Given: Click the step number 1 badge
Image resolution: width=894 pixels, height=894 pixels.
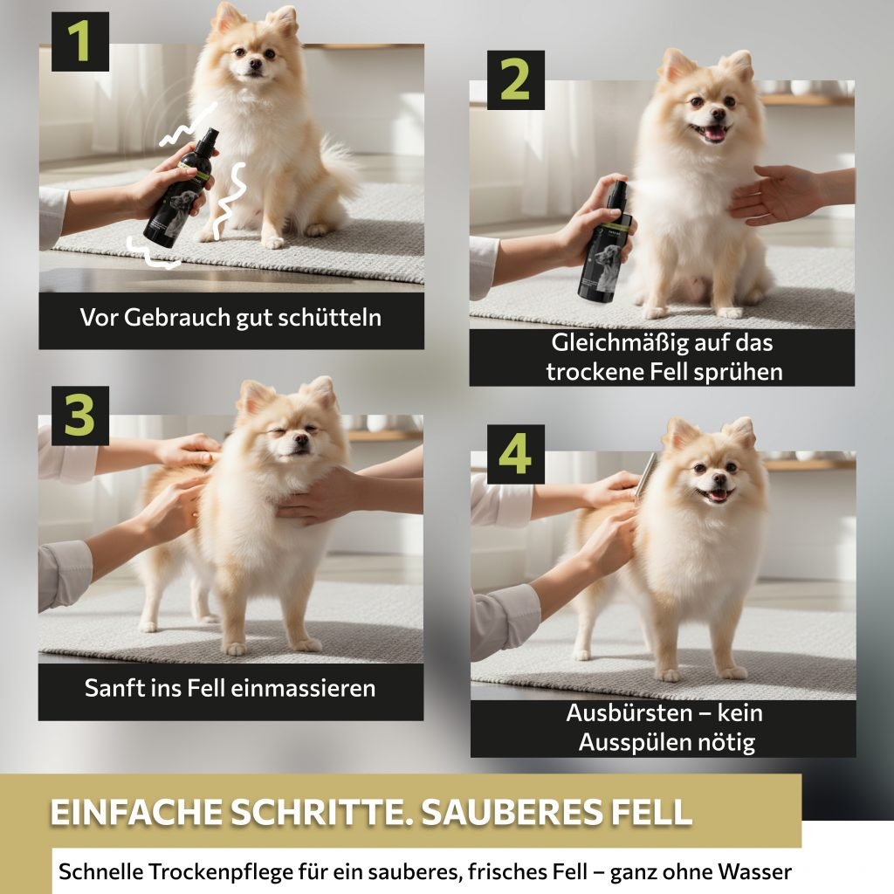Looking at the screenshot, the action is click(79, 42).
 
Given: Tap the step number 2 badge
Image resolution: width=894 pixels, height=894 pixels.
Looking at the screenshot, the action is click(515, 79).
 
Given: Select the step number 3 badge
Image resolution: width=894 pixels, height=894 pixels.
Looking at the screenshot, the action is click(79, 416).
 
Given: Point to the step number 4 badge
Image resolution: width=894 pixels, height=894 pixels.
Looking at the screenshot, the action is click(515, 454).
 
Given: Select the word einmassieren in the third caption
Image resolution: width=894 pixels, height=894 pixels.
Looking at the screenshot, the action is click(303, 688).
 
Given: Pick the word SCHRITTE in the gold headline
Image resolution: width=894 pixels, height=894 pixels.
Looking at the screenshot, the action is click(320, 812).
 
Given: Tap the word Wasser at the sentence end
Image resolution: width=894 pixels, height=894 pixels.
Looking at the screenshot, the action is click(754, 872).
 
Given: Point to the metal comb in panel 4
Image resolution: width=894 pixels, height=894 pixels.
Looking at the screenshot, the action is click(646, 475).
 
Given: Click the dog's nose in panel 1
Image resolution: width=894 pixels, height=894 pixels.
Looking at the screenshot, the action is click(254, 65).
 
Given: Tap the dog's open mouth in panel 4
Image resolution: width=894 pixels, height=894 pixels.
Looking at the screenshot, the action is click(715, 494).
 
